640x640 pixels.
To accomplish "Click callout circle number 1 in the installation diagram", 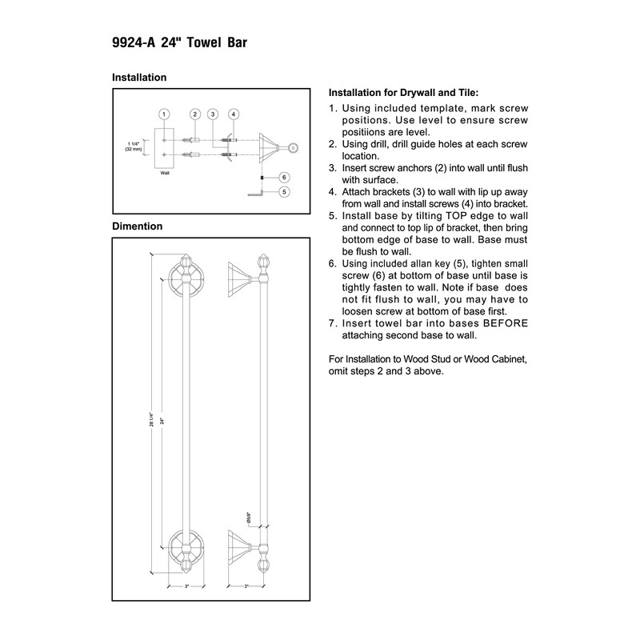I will tap(163, 114).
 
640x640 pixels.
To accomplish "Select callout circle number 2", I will tap(194, 114).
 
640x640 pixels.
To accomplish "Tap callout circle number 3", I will tap(214, 114).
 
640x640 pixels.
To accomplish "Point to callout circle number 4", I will tap(233, 114).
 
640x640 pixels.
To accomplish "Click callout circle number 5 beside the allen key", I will tap(284, 192).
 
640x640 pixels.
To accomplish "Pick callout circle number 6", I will tap(284, 177).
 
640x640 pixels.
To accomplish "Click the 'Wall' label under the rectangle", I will tap(164, 171).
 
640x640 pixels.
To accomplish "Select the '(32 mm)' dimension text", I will tap(133, 150).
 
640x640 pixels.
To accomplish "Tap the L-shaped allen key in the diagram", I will tap(257, 193).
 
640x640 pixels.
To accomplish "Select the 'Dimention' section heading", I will tap(137, 226).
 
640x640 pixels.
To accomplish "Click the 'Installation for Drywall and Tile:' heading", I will tap(404, 93).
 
